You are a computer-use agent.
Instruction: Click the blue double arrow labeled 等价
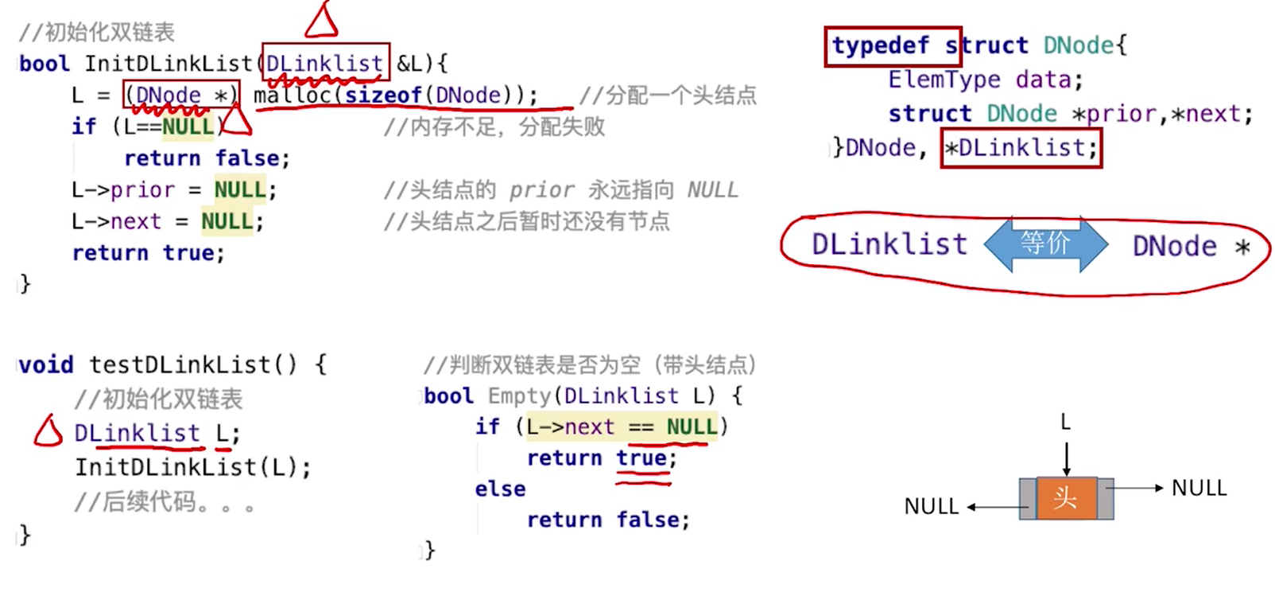coord(1045,243)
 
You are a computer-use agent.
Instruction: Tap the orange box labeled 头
coord(1065,498)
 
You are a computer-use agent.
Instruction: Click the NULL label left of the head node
coord(931,506)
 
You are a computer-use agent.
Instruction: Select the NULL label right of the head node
coord(1199,488)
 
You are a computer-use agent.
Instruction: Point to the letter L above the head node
coord(1065,422)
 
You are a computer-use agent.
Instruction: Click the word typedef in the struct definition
coord(880,45)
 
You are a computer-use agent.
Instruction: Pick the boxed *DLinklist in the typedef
coord(1021,148)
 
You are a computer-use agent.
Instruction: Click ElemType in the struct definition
coord(944,80)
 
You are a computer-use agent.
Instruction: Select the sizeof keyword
coord(383,95)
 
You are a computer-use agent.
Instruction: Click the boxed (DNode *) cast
coord(181,95)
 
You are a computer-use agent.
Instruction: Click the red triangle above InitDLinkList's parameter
coord(321,21)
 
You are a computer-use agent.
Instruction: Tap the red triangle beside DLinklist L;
coord(48,431)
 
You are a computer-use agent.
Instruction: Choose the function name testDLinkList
coord(180,364)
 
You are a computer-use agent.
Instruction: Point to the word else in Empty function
coord(500,489)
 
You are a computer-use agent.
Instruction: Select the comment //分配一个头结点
coord(668,95)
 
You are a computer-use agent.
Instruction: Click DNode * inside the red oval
coord(1190,246)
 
